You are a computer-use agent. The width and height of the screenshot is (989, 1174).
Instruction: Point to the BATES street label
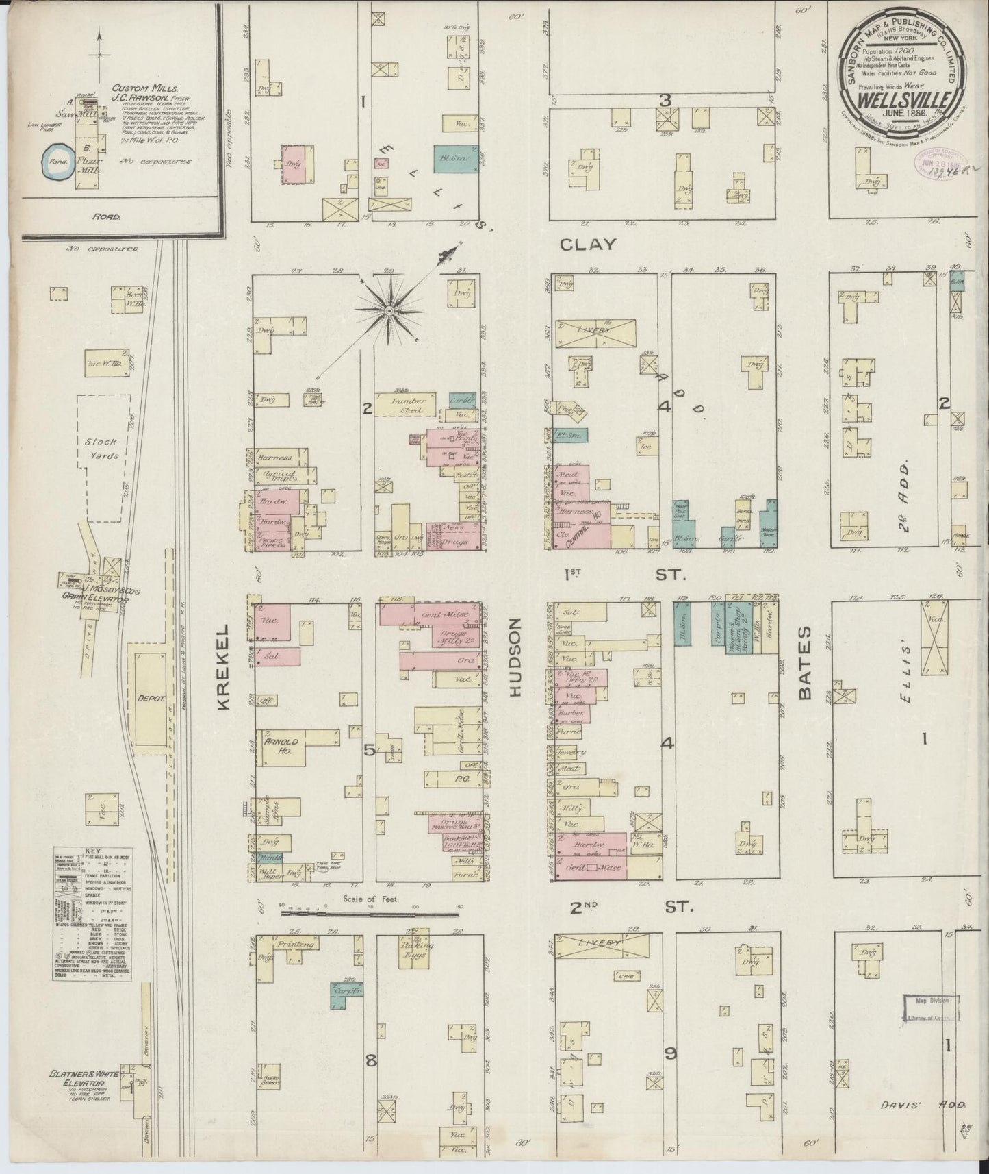[x=805, y=662]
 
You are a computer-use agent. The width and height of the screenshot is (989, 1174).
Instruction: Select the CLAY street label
[x=587, y=245]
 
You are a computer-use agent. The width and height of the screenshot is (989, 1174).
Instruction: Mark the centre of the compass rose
[x=389, y=312]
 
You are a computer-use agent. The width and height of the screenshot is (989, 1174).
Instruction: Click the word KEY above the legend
[x=93, y=853]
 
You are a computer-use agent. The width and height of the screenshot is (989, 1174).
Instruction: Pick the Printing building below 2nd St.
[x=294, y=944]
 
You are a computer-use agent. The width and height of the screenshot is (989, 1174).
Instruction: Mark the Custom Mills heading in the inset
[x=136, y=88]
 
